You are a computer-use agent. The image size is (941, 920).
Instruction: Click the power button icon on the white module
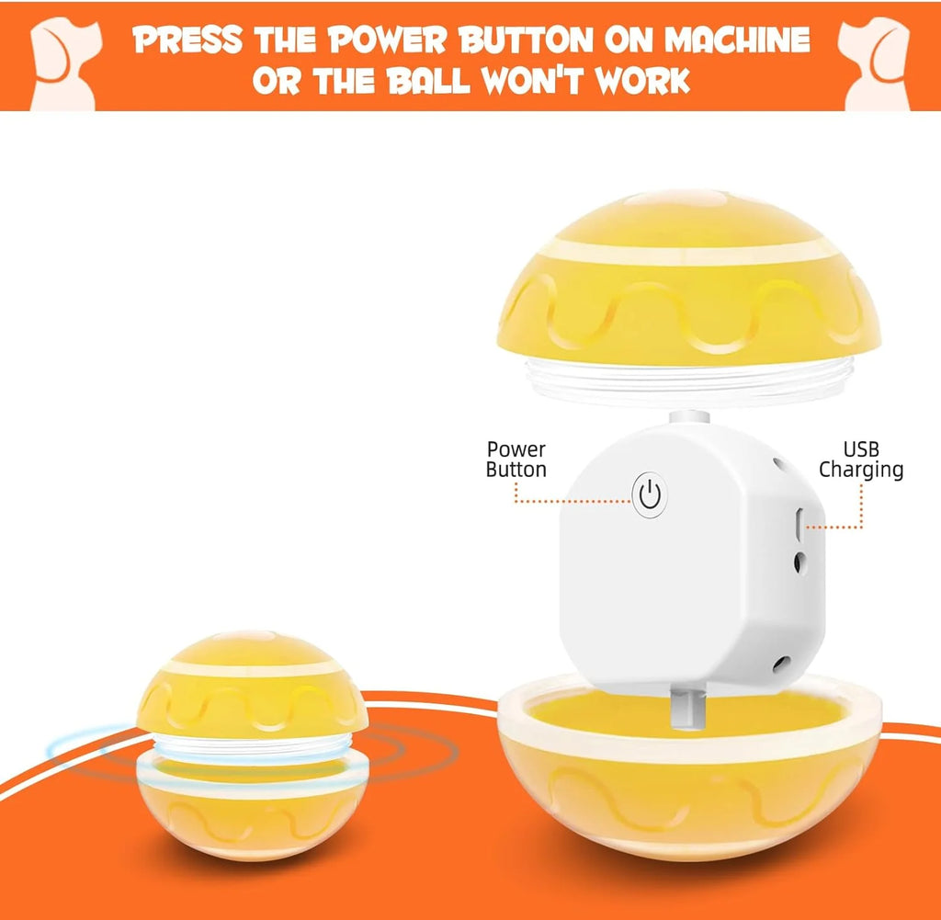[x=650, y=495]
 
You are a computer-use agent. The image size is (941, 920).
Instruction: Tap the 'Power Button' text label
[x=516, y=460]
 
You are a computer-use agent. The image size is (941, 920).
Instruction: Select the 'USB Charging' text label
[x=861, y=460]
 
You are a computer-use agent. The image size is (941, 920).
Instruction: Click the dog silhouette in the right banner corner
[x=875, y=63]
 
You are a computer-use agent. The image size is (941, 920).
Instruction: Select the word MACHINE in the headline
[x=738, y=40]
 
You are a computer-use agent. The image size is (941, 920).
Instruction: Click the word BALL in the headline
[x=428, y=80]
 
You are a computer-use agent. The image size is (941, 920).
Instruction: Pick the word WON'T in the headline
[x=532, y=80]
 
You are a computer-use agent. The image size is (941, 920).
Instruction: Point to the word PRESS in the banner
[x=187, y=40]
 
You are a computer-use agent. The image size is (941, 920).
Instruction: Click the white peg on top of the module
[x=689, y=417]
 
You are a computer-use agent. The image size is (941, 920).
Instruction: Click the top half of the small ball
[x=252, y=684]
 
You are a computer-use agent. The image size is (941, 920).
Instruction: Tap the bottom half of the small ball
[x=253, y=807]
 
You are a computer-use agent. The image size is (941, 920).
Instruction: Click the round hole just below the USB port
[x=799, y=562]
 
